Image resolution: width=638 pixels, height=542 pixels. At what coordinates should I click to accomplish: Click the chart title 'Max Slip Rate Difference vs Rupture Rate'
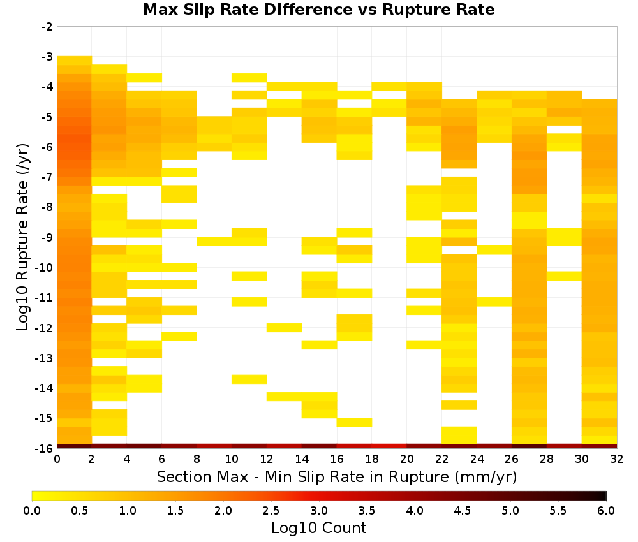click(318, 10)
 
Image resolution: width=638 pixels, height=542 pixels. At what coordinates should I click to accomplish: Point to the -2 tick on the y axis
click(47, 27)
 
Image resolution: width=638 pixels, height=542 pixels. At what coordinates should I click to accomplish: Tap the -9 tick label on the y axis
click(47, 237)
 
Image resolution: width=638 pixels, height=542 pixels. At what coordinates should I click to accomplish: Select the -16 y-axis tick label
click(45, 448)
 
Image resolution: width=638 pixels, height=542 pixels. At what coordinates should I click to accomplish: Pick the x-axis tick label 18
click(372, 459)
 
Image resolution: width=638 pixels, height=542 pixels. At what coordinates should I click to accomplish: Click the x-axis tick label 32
click(617, 459)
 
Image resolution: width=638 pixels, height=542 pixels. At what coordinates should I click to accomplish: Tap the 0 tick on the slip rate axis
click(57, 459)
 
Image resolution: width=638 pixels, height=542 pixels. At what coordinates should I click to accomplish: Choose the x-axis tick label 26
click(512, 459)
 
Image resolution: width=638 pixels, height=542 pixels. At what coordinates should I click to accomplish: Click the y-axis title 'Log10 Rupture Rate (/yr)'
click(22, 237)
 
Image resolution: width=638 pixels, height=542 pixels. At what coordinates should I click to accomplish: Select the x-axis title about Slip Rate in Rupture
click(337, 476)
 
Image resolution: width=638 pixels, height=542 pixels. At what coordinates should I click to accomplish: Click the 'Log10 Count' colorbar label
click(318, 528)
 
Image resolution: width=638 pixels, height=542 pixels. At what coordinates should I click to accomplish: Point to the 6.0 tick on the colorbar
click(606, 510)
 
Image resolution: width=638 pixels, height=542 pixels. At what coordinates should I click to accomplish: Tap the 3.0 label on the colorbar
click(319, 510)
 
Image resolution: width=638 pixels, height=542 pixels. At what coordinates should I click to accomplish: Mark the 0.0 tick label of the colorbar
click(32, 510)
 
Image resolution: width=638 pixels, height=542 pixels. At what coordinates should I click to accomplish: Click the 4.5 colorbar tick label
click(463, 510)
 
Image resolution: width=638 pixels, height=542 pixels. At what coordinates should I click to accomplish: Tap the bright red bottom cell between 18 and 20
click(389, 446)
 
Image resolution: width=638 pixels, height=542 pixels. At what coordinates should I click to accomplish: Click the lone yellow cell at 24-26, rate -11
click(494, 302)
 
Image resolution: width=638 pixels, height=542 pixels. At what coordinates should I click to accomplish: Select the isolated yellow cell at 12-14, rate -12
click(285, 328)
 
